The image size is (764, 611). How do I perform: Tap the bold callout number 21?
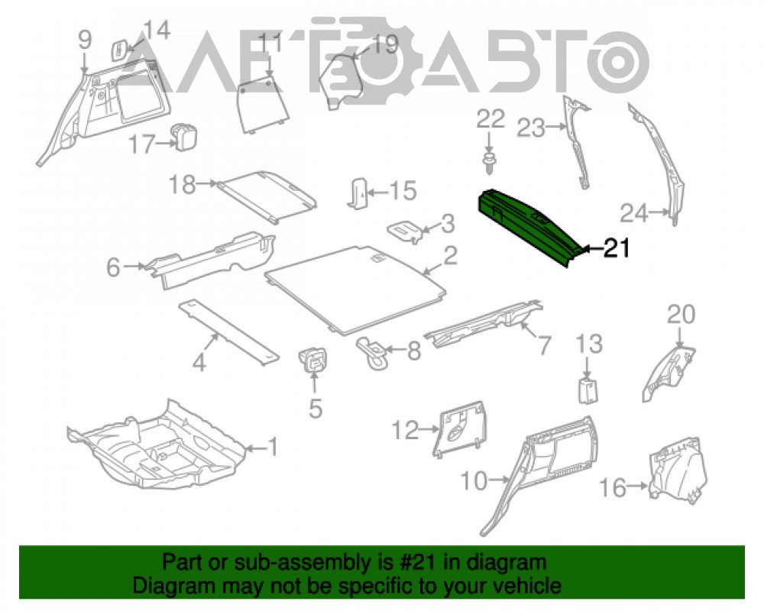pyautogui.click(x=617, y=248)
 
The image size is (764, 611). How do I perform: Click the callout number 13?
pyautogui.click(x=589, y=344)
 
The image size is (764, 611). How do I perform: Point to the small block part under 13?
pyautogui.click(x=588, y=390)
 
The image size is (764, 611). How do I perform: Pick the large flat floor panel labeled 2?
pyautogui.click(x=355, y=289)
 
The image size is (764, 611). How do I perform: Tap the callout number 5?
pyautogui.click(x=316, y=409)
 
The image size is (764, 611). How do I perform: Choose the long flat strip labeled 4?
pyautogui.click(x=228, y=331)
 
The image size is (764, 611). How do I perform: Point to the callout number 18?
pyautogui.click(x=183, y=185)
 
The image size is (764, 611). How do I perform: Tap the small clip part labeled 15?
pyautogui.click(x=358, y=194)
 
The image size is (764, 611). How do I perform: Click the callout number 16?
pyautogui.click(x=613, y=487)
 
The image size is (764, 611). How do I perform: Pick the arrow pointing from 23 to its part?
pyautogui.click(x=555, y=128)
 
